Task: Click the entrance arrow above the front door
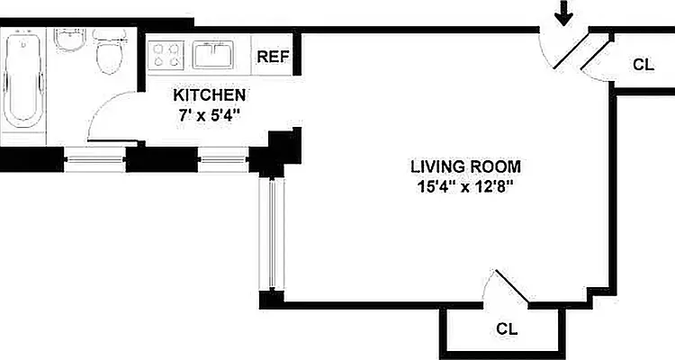(563, 13)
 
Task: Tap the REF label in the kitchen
(274, 57)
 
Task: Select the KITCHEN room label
(210, 94)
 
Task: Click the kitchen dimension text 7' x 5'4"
(209, 115)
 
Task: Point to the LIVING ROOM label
(466, 166)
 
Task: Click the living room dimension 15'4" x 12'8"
(466, 187)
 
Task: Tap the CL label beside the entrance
(643, 65)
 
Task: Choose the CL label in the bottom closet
(507, 329)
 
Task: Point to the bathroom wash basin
(69, 40)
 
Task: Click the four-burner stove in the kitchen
(166, 55)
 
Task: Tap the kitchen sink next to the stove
(213, 55)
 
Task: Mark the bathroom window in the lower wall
(94, 159)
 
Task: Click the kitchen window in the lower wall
(223, 159)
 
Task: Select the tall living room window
(272, 235)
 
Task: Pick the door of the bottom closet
(512, 286)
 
